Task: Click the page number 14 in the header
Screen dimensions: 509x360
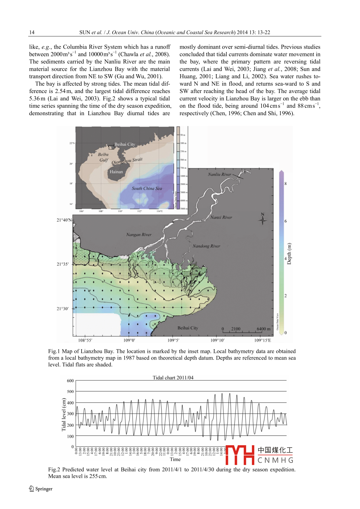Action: (32, 33)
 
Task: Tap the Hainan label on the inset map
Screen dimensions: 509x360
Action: (116, 172)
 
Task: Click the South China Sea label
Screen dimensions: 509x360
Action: (147, 189)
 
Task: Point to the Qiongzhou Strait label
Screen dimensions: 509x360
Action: (127, 161)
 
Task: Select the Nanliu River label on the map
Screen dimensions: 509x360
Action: (219, 175)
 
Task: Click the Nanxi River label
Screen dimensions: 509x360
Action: (221, 218)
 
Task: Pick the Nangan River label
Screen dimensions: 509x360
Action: (139, 235)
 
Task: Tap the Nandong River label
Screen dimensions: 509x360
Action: (206, 246)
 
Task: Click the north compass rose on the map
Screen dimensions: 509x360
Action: (263, 219)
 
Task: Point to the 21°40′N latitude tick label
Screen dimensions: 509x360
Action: (64, 220)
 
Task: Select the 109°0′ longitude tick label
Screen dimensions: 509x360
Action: (129, 340)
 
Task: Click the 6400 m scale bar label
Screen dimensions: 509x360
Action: (263, 329)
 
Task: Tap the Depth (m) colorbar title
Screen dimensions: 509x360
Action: (289, 253)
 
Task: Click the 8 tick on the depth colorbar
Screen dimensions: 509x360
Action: (286, 184)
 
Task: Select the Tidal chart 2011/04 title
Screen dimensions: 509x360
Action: (173, 378)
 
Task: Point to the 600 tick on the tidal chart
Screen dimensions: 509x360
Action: (70, 381)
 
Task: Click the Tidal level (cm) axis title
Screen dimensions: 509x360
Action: (64, 414)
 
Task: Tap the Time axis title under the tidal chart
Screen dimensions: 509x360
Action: (175, 460)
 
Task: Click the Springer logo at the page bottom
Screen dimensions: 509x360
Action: (41, 489)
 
